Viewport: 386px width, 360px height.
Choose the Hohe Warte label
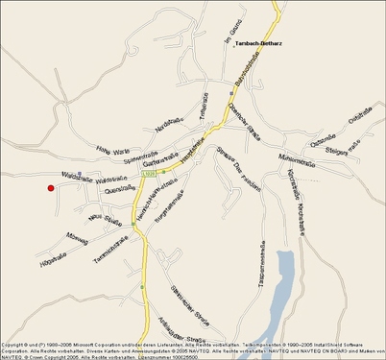[x=113, y=150]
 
